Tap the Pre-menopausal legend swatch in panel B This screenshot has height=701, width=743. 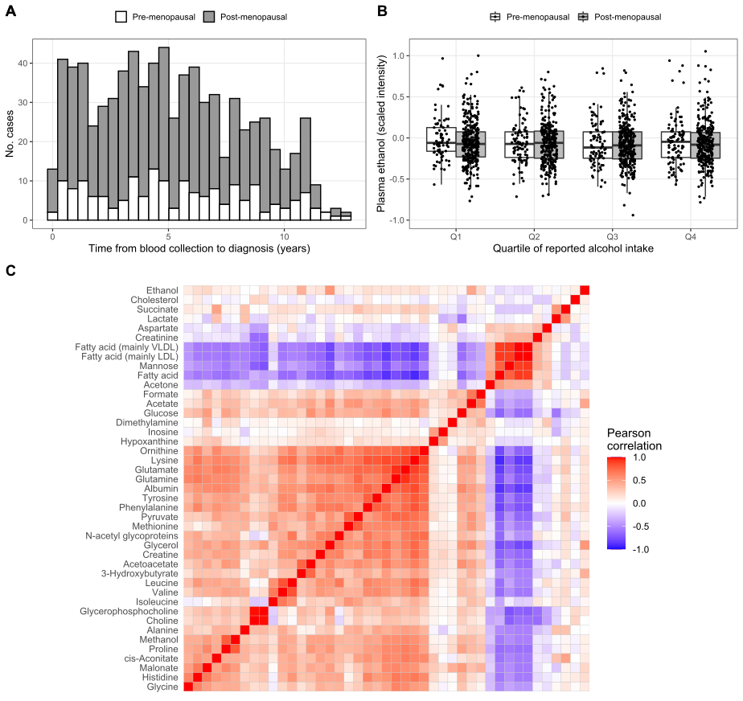tap(496, 17)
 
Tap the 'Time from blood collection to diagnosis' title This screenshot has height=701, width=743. tap(198, 248)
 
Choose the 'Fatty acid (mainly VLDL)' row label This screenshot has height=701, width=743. tap(126, 346)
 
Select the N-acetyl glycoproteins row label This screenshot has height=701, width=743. tap(133, 535)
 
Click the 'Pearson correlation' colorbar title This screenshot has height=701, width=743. tap(634, 439)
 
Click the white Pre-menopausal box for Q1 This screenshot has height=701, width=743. tap(441, 139)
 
